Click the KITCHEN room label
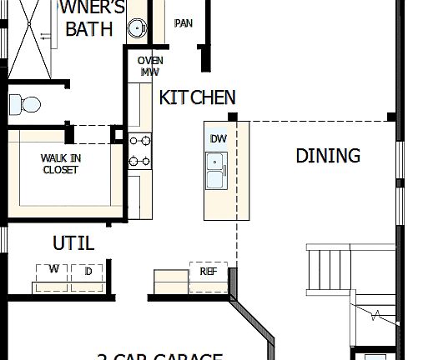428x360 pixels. pyautogui.click(x=197, y=97)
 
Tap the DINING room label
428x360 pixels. pyautogui.click(x=328, y=156)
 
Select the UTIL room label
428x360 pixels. pyautogui.click(x=73, y=244)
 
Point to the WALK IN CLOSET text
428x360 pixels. pyautogui.click(x=60, y=164)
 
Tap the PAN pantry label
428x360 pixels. pyautogui.click(x=183, y=23)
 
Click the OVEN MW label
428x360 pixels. pyautogui.click(x=150, y=66)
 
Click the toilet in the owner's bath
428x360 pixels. pyautogui.click(x=24, y=104)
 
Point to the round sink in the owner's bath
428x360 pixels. pyautogui.click(x=137, y=29)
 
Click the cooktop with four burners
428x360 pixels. pyautogui.click(x=139, y=151)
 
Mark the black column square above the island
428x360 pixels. pyautogui.click(x=233, y=117)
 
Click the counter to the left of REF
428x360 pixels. pyautogui.click(x=170, y=277)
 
